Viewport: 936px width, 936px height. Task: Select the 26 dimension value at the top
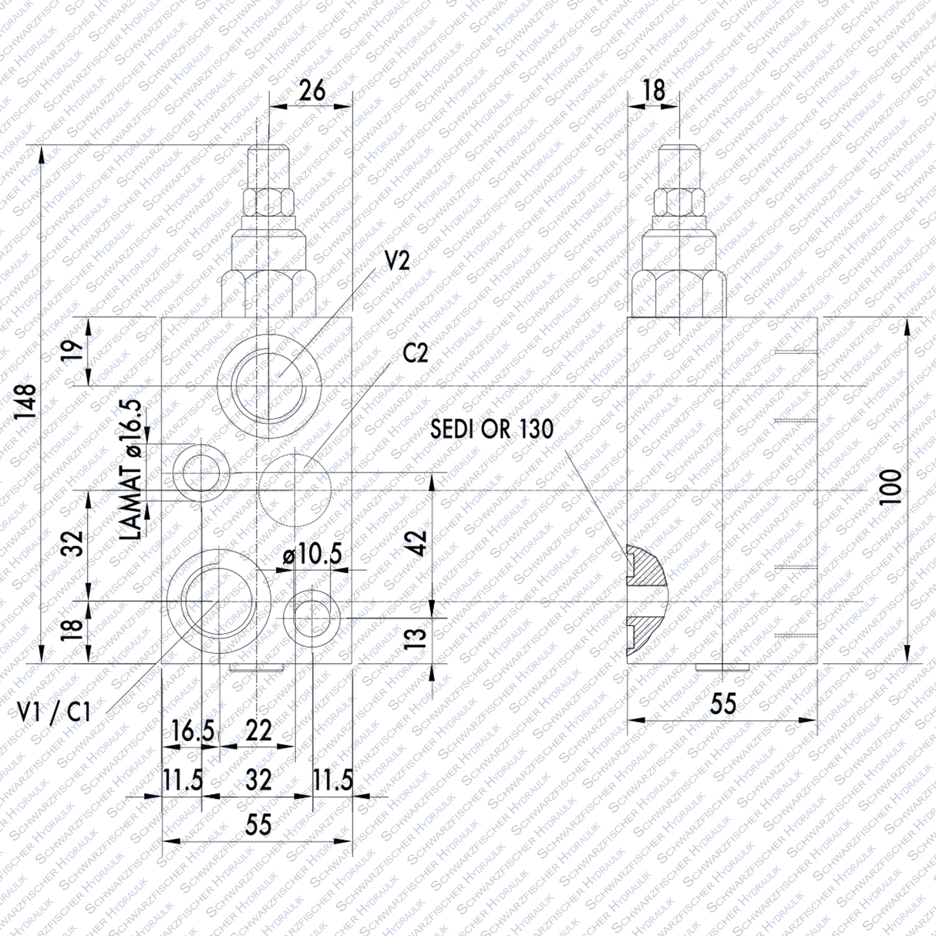pyautogui.click(x=311, y=90)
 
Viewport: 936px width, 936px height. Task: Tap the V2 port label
pyautogui.click(x=397, y=261)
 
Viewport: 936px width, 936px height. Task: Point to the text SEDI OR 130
pyautogui.click(x=492, y=429)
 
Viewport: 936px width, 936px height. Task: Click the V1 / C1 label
pyautogui.click(x=55, y=712)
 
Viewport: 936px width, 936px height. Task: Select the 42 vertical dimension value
pyautogui.click(x=417, y=543)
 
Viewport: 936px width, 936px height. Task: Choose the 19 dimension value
pyautogui.click(x=72, y=351)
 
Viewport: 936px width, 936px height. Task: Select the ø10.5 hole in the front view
pyautogui.click(x=311, y=614)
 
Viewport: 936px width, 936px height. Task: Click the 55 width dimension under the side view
pyautogui.click(x=722, y=703)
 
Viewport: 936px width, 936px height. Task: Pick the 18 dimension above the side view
pyautogui.click(x=653, y=90)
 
